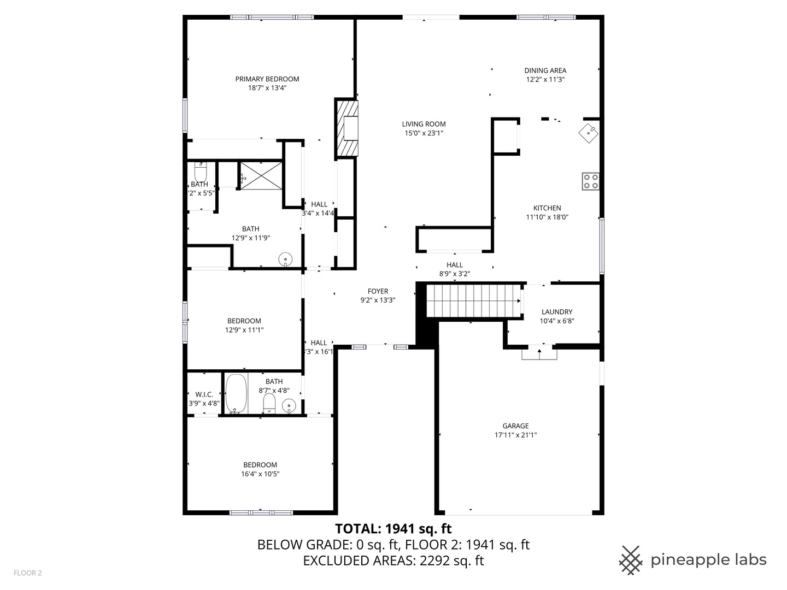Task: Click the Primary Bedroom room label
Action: point(267,79)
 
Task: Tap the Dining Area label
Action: point(545,70)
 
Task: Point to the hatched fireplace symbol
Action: point(346,128)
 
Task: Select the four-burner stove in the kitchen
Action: point(590,181)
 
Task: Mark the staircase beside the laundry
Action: point(473,300)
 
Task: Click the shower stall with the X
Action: point(261,175)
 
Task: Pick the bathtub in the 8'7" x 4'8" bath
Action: point(236,393)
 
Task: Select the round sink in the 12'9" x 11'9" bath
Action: point(285,259)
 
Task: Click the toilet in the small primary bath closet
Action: point(201,172)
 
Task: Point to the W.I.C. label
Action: point(204,394)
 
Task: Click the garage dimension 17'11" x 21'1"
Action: point(515,435)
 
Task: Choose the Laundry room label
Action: point(557,312)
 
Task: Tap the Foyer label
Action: point(378,291)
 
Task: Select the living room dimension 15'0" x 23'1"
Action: point(424,133)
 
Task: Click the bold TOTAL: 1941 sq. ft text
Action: point(393,529)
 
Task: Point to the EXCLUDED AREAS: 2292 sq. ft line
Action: point(393,560)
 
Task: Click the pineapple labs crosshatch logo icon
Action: point(631,560)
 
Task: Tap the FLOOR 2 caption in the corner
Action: point(27,573)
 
